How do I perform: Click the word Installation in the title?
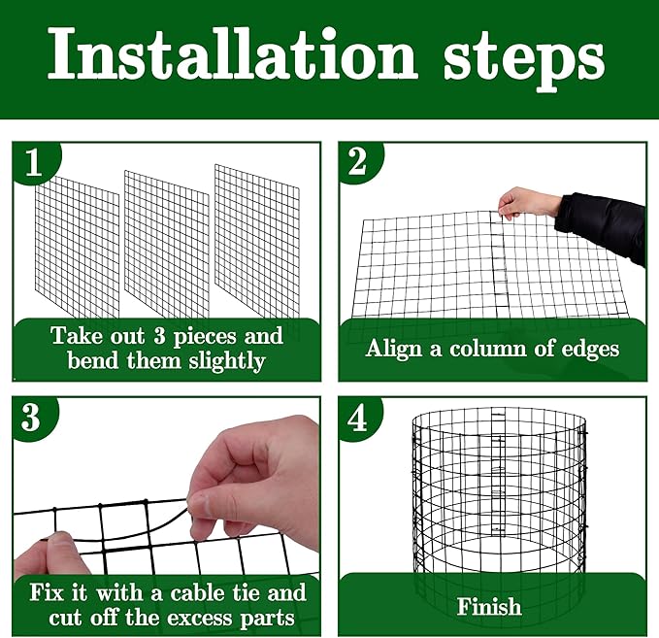234,55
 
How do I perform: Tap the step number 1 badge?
34,163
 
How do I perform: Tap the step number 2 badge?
357,162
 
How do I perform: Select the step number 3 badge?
32,418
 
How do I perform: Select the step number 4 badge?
357,419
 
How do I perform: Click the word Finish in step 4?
489,607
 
